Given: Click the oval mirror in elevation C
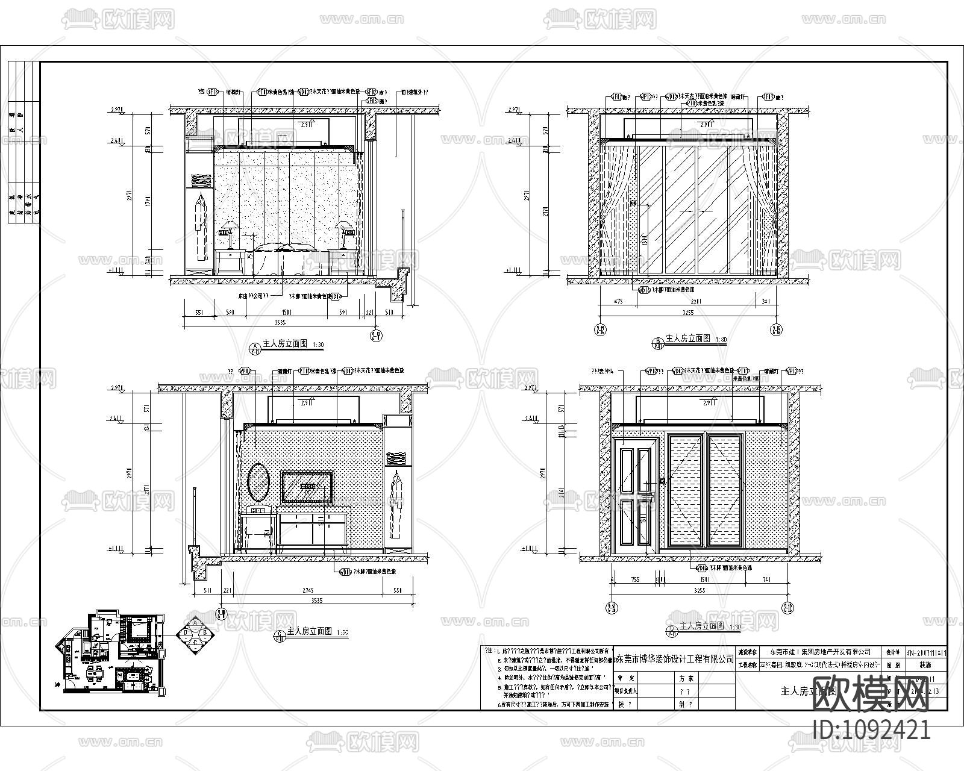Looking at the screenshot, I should (258, 482).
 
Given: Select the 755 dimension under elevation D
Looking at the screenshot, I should (634, 579).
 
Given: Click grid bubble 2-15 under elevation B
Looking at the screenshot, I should (775, 329).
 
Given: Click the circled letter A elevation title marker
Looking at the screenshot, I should (255, 346).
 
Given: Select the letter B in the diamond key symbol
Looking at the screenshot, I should (205, 632).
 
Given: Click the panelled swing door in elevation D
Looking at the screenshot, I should (634, 491).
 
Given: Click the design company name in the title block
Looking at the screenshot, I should (675, 659).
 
